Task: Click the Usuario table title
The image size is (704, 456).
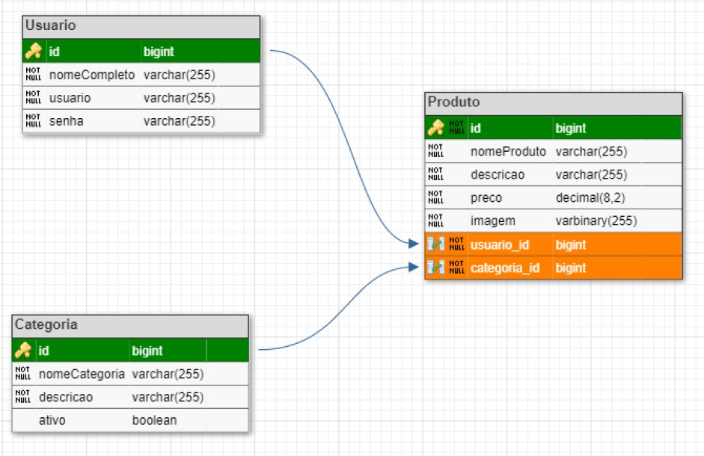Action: pyautogui.click(x=51, y=26)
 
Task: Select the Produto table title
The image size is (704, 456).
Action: pyautogui.click(x=453, y=102)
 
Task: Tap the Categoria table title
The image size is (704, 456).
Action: pyautogui.click(x=45, y=325)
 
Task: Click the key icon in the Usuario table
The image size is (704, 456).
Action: pyautogui.click(x=34, y=52)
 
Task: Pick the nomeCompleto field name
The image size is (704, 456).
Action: pyautogui.click(x=91, y=75)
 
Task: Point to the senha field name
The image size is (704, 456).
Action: pyautogui.click(x=67, y=121)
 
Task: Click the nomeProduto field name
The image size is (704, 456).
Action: pyautogui.click(x=508, y=152)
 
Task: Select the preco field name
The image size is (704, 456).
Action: pyautogui.click(x=486, y=198)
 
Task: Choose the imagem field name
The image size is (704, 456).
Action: pyautogui.click(x=492, y=221)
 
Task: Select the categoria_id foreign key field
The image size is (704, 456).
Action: pyautogui.click(x=505, y=268)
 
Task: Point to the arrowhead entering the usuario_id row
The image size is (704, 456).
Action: pyautogui.click(x=414, y=244)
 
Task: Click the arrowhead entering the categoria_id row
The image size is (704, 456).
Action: pyautogui.click(x=414, y=267)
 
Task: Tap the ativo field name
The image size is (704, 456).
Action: pyautogui.click(x=52, y=420)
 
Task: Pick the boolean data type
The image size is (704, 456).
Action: pyautogui.click(x=154, y=420)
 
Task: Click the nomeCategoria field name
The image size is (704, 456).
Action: pyautogui.click(x=82, y=374)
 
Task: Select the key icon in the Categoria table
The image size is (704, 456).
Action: pyautogui.click(x=23, y=351)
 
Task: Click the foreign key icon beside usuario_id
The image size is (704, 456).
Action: pyautogui.click(x=435, y=244)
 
